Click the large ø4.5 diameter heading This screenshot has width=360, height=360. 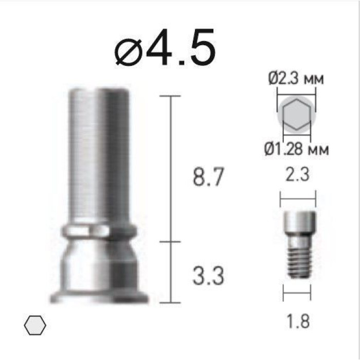(x=165, y=47)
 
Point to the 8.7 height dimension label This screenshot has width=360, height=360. (x=208, y=177)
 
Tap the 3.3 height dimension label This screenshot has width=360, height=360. (x=208, y=276)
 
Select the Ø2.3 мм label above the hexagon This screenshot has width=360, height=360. (x=296, y=79)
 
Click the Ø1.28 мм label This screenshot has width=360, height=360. (x=296, y=149)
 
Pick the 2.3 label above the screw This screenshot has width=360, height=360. (x=298, y=175)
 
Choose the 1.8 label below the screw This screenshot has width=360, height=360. (x=298, y=321)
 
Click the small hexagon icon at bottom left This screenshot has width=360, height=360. (x=35, y=325)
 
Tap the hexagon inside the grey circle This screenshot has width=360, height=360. (x=297, y=115)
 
